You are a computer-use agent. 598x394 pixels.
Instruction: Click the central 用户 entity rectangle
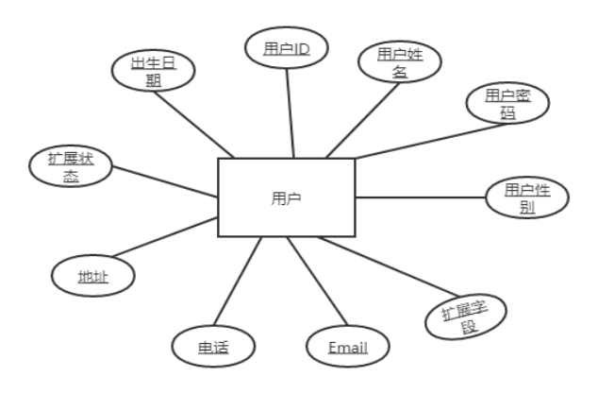click(286, 197)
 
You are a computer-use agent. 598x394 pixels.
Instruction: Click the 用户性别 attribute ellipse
click(526, 198)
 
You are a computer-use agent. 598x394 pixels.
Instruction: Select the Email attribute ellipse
click(348, 346)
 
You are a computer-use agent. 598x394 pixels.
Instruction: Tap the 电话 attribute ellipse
click(213, 346)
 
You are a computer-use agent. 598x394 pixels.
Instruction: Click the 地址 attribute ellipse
click(92, 276)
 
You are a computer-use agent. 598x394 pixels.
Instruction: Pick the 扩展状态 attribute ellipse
click(70, 167)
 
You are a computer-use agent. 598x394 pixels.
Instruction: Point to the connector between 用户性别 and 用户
click(420, 197)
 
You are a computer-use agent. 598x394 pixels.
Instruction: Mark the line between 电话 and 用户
click(237, 283)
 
